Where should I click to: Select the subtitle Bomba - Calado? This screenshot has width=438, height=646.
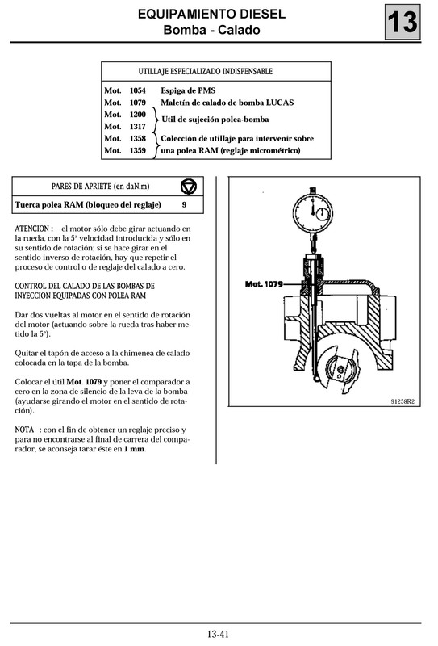pos(211,31)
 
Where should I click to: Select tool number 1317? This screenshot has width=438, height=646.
pos(137,126)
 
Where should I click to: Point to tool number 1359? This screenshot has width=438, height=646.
pos(137,150)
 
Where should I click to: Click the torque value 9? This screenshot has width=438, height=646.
pos(184,205)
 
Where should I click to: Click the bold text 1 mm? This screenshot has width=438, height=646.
pos(135,449)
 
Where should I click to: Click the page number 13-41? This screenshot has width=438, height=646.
pos(218,632)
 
